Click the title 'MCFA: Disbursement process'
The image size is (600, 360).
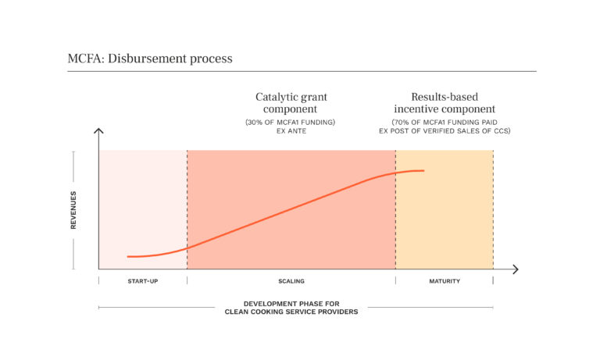pos(150,59)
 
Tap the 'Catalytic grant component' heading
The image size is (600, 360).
pos(291,103)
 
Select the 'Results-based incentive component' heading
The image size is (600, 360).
pos(444,103)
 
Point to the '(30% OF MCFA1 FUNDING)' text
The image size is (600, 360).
pos(291,123)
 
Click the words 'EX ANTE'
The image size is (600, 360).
pos(291,132)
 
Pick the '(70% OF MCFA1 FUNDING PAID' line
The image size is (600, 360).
pos(444,123)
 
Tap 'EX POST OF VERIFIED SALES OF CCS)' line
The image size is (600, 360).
pos(444,132)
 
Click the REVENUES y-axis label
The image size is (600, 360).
pos(73,209)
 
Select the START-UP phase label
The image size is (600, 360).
pos(143,281)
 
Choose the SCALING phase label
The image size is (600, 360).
pos(291,281)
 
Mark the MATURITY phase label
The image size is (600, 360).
pos(445,281)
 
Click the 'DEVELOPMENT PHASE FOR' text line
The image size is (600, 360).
pos(291,303)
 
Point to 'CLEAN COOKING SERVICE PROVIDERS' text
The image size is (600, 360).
pos(291,312)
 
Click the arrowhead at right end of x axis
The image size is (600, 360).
pos(515,269)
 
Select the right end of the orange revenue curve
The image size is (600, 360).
pos(423,170)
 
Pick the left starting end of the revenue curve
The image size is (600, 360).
pos(128,256)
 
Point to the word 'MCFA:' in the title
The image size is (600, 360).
pos(84,59)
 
